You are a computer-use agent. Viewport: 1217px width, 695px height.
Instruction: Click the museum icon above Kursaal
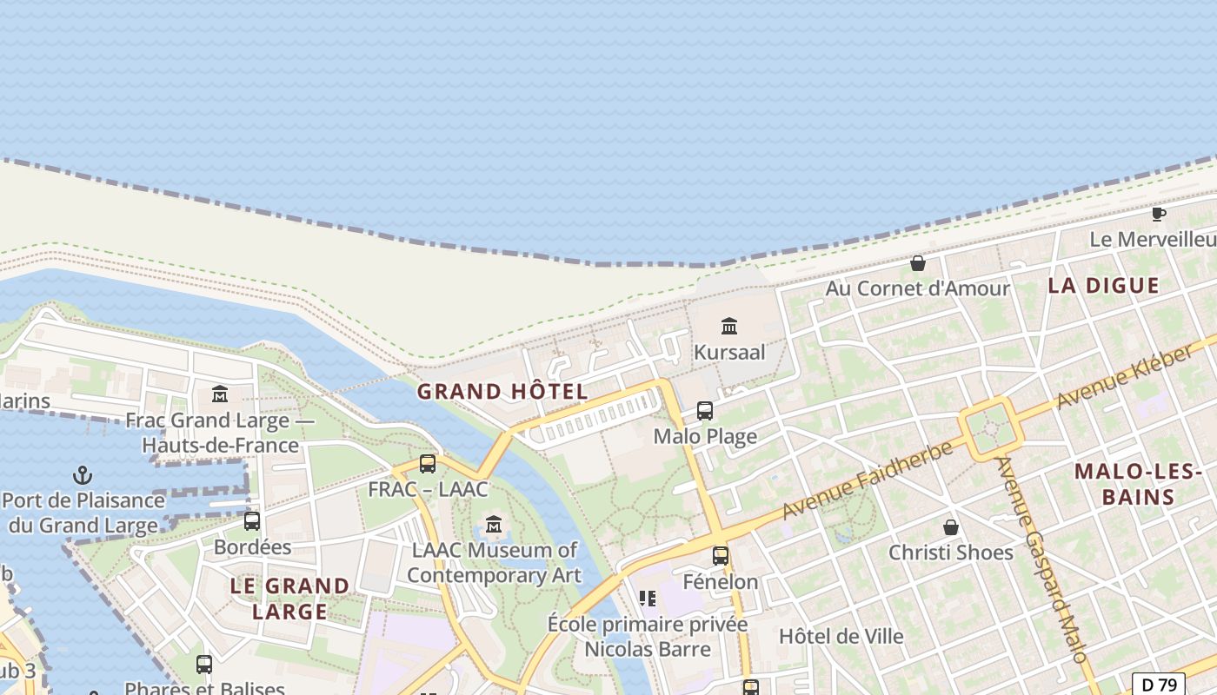click(x=729, y=327)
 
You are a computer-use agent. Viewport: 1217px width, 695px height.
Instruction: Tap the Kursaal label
click(x=729, y=353)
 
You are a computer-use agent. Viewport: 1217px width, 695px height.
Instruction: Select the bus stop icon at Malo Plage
click(x=705, y=411)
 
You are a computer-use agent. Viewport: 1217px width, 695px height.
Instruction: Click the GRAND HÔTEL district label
click(x=502, y=392)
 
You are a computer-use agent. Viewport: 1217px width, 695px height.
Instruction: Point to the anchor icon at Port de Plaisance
click(x=83, y=475)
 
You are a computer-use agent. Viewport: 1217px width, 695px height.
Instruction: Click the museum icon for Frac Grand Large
click(x=220, y=395)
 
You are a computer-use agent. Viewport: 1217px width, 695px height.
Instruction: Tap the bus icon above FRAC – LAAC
click(x=428, y=464)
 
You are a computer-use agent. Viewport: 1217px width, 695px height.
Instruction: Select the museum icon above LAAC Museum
click(x=494, y=524)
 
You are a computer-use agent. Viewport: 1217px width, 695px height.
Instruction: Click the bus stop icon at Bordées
click(x=252, y=521)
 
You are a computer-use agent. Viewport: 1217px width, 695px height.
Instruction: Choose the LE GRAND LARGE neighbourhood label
click(x=289, y=599)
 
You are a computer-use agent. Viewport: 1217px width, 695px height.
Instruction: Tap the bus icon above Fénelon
click(x=721, y=556)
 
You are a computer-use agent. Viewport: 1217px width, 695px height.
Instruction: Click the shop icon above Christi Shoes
click(x=951, y=527)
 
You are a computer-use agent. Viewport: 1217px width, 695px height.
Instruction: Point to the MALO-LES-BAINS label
click(x=1137, y=485)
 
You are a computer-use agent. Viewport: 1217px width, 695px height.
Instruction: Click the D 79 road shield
click(x=1159, y=685)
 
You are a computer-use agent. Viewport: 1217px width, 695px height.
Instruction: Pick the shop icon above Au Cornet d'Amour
click(x=917, y=263)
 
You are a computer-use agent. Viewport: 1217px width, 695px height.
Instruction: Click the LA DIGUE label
click(x=1103, y=286)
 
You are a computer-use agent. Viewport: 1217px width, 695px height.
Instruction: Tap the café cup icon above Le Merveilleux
click(x=1158, y=214)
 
